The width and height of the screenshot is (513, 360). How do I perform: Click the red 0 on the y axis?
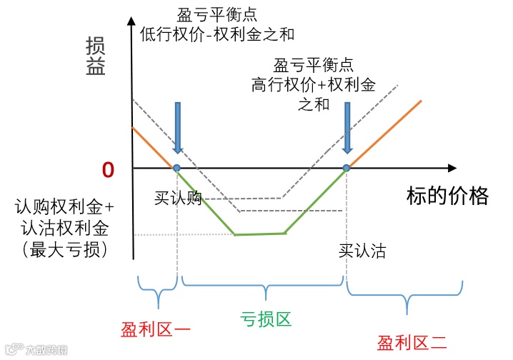pyautogui.click(x=108, y=169)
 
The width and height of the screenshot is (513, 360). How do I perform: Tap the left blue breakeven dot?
pyautogui.click(x=176, y=168)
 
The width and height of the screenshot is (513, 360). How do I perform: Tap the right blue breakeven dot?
pyautogui.click(x=347, y=168)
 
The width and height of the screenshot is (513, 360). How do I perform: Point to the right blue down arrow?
pyautogui.click(x=347, y=127)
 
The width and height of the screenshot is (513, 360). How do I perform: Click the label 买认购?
pyautogui.click(x=178, y=197)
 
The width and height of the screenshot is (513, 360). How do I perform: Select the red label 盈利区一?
pyautogui.click(x=155, y=330)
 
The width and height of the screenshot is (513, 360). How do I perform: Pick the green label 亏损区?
pyautogui.click(x=265, y=319)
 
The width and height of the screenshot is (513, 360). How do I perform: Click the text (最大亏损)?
pyautogui.click(x=64, y=250)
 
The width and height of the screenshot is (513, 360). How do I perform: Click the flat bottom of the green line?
pyautogui.click(x=259, y=234)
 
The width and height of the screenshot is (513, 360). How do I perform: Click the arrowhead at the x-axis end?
pyautogui.click(x=451, y=168)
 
